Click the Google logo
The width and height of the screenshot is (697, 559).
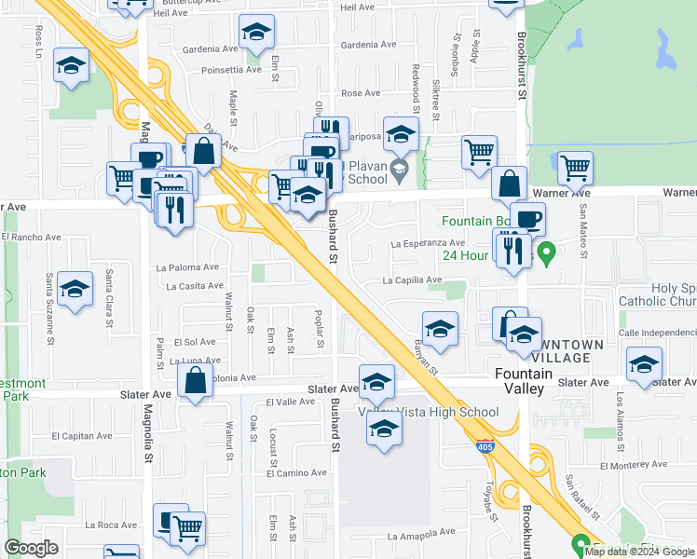pos(32,548)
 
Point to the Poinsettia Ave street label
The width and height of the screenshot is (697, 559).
pos(231,70)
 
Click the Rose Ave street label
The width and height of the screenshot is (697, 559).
pos(361,93)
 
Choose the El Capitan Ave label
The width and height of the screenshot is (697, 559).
pos(82,435)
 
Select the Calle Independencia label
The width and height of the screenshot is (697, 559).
pos(657,333)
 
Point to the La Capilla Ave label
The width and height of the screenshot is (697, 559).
pos(411,279)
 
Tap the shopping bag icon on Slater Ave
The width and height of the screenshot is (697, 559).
pos(194,381)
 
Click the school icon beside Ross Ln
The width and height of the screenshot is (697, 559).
pos(71,66)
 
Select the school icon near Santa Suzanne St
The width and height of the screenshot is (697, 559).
pos(75,288)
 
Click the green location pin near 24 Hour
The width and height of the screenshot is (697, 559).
pos(548,251)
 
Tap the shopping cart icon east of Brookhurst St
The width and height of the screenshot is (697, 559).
pos(576,169)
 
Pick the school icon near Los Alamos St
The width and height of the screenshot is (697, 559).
pos(644,364)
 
